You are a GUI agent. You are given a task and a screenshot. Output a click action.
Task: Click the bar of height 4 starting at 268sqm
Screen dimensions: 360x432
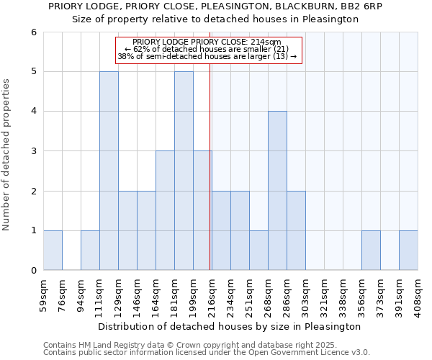[x=277, y=191]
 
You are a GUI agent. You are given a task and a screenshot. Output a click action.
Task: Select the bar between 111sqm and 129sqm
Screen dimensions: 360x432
[x=109, y=171]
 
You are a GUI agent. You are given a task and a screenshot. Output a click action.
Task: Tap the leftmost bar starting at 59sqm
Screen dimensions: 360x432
[x=53, y=250]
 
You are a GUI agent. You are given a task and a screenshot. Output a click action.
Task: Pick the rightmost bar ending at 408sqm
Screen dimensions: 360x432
[x=408, y=250]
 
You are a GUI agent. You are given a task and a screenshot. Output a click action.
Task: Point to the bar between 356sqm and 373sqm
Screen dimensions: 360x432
[x=371, y=250]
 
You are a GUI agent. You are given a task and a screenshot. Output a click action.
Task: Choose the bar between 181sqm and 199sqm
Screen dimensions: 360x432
[x=184, y=171]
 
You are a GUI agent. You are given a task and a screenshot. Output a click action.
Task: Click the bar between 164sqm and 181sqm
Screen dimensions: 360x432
[x=165, y=210]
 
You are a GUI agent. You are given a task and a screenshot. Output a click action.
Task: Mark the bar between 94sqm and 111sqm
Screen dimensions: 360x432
[x=90, y=250]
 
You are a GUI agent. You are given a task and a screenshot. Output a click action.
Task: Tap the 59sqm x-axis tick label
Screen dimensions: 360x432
[x=44, y=294]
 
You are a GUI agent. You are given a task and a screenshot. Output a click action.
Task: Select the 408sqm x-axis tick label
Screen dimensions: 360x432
[x=418, y=294]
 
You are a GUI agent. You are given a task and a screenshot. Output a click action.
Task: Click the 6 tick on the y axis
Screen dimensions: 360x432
[x=33, y=32]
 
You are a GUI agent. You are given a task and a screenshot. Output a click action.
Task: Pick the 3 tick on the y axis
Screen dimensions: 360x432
[x=33, y=151]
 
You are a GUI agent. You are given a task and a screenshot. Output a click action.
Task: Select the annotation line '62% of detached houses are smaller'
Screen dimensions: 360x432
[x=207, y=49]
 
